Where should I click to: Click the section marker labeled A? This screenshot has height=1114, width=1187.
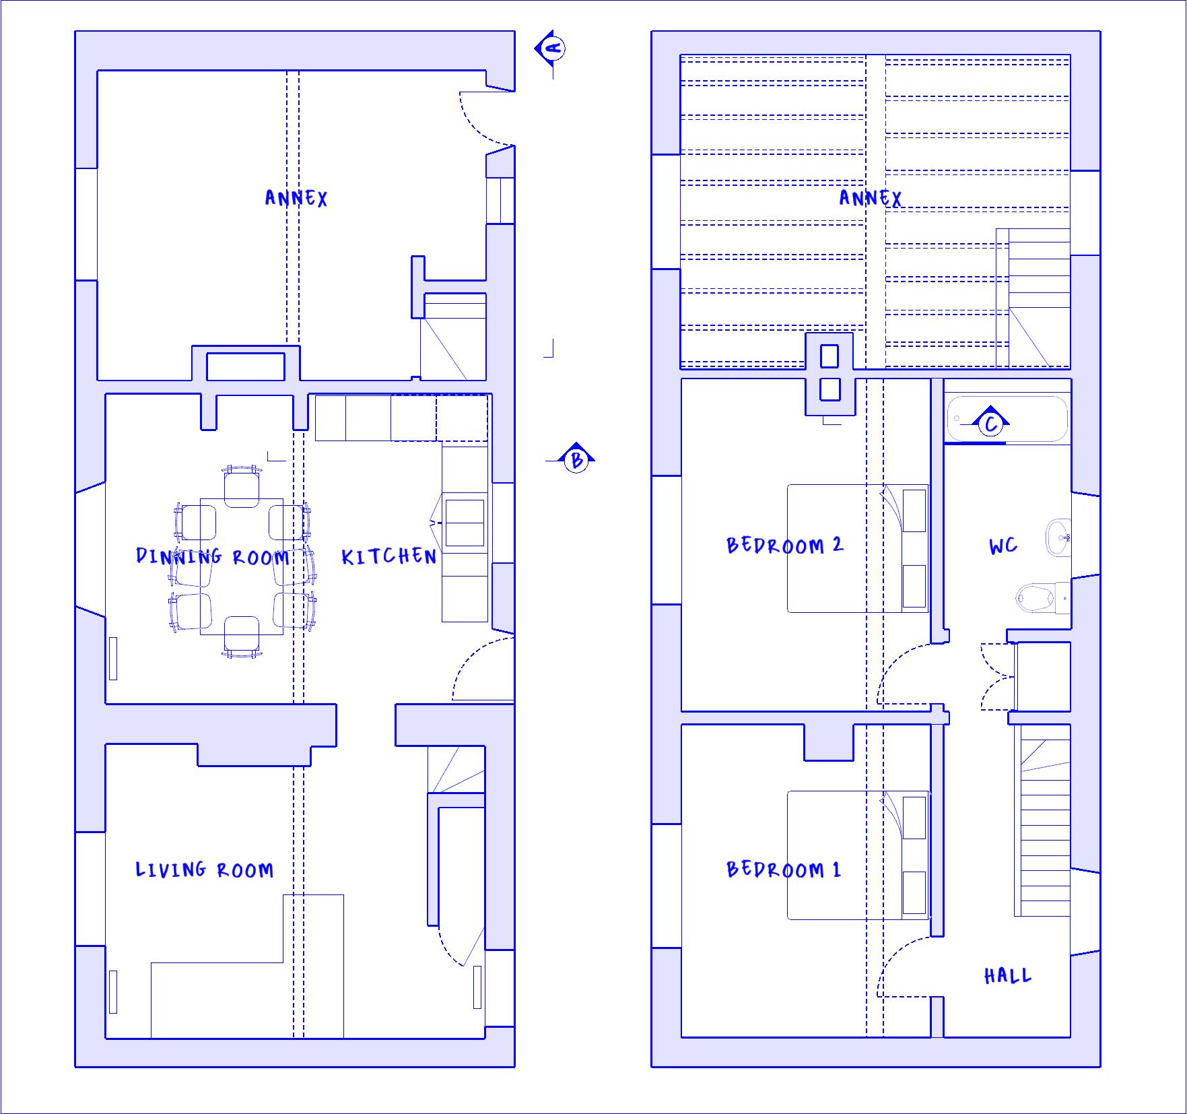(x=552, y=48)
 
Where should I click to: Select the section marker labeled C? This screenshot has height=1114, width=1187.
(x=990, y=422)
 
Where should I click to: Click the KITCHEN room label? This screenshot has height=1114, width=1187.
(x=389, y=556)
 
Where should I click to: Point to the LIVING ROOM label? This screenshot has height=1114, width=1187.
(x=205, y=870)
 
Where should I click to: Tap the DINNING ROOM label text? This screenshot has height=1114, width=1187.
(x=213, y=556)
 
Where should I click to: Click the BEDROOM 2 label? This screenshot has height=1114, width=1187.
(x=784, y=545)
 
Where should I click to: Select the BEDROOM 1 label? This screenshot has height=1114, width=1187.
(x=784, y=870)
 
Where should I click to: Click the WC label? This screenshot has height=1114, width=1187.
(x=1003, y=546)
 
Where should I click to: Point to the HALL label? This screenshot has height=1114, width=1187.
(x=1008, y=976)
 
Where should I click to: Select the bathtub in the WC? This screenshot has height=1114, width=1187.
(x=1007, y=418)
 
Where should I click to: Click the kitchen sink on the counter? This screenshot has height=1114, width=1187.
(x=465, y=523)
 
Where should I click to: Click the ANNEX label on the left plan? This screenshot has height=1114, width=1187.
(x=296, y=198)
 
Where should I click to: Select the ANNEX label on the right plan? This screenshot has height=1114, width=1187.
(x=871, y=198)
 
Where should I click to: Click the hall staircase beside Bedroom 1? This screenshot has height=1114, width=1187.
(x=1042, y=820)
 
